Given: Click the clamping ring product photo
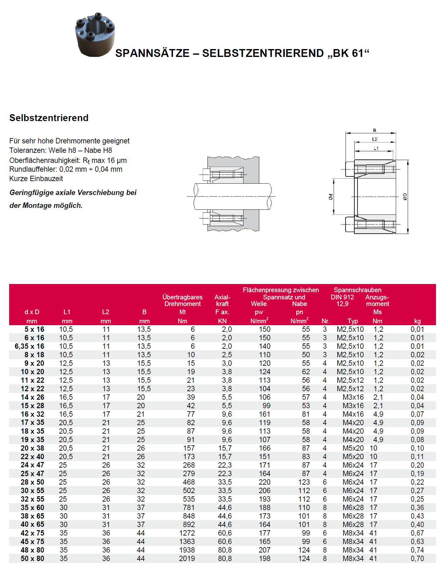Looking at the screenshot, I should (x=95, y=35).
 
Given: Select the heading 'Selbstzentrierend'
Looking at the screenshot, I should (x=49, y=118).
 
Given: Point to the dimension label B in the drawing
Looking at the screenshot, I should (x=374, y=130).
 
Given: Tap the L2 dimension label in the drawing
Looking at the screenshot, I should (x=375, y=139).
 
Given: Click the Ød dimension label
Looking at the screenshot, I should (x=330, y=197).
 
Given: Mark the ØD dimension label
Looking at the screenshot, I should (x=405, y=197).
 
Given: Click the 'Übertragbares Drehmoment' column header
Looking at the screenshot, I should (x=182, y=300).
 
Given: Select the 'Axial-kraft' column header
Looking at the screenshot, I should (x=222, y=300).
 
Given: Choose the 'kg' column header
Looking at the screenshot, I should (x=417, y=321).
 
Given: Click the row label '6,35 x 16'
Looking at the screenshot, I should (x=30, y=346).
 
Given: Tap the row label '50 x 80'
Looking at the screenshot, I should (x=32, y=559).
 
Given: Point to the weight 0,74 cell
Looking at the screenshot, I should (x=417, y=550).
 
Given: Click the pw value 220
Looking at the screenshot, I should (x=264, y=482).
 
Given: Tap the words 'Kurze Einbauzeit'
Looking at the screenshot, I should (x=36, y=179).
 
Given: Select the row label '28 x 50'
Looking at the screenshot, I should (x=32, y=482).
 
